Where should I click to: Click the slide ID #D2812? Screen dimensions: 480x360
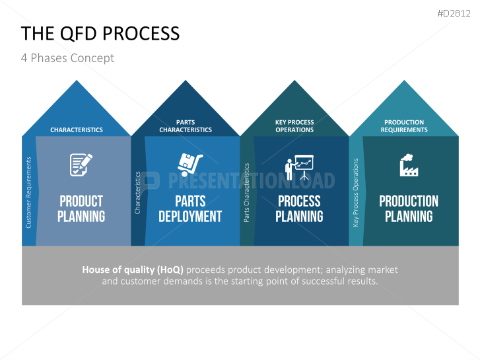(x=454, y=13)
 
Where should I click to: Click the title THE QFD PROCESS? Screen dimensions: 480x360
(x=100, y=34)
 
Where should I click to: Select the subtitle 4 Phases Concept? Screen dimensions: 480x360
(x=67, y=58)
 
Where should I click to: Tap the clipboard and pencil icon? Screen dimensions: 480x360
(x=81, y=165)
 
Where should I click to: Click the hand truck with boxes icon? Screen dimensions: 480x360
(x=190, y=165)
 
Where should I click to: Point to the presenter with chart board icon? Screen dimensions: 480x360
(x=299, y=168)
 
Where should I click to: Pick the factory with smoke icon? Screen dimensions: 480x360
(x=409, y=165)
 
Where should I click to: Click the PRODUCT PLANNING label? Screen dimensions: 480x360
(x=81, y=209)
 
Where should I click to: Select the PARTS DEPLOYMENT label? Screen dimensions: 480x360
(x=190, y=209)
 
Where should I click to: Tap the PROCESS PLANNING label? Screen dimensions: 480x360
(x=299, y=209)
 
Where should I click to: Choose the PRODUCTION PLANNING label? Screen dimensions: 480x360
(x=409, y=209)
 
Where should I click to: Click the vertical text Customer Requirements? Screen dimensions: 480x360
(x=28, y=192)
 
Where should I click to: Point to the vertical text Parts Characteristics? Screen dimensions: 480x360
(x=246, y=192)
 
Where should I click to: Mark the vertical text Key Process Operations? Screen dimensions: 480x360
(x=355, y=192)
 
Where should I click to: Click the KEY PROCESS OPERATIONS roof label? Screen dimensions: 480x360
(x=294, y=126)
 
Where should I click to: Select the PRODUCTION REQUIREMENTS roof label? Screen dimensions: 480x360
(x=404, y=126)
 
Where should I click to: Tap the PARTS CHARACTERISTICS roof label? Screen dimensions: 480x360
(x=186, y=126)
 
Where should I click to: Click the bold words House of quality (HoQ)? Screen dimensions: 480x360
(x=133, y=270)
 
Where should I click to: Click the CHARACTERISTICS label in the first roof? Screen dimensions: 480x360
(x=77, y=130)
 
